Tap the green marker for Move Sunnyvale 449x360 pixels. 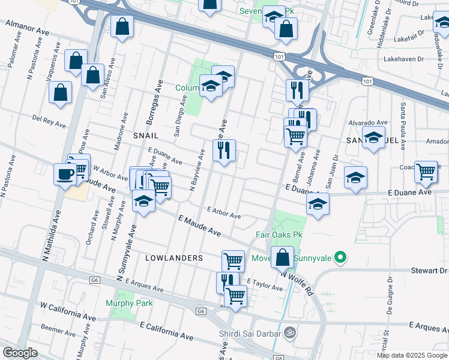pos(340,258)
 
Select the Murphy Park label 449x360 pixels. pos(129,303)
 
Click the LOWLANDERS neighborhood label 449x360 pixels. pos(174,257)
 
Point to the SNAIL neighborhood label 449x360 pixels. pos(145,136)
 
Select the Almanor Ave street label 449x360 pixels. pos(27,26)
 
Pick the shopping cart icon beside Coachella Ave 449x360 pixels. pos(426,172)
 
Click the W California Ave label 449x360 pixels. pos(67,313)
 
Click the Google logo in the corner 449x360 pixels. pos(20,353)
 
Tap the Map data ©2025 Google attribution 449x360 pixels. pos(412,355)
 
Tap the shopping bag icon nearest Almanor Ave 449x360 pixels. pos(122,27)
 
